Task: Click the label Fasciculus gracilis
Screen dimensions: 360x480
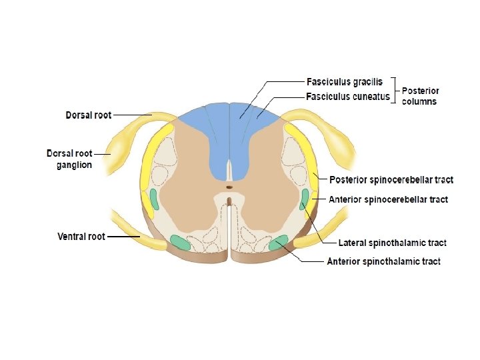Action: pos(344,82)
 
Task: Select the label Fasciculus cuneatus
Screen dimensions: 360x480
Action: pos(347,97)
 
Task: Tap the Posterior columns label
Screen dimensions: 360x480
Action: pos(420,96)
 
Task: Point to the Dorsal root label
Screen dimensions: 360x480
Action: pos(88,115)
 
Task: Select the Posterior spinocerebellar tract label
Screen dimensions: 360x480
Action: pos(391,180)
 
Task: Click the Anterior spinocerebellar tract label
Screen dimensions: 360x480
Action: pos(389,199)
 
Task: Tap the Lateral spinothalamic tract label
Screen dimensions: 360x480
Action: pos(392,243)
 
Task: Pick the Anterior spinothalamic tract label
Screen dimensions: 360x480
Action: pos(383,261)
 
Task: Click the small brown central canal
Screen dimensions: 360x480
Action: pos(229,200)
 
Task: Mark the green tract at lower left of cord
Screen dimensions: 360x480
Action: pos(180,243)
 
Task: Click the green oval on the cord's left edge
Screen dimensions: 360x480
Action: pos(154,199)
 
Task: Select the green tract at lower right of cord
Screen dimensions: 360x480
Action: pos(278,243)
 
